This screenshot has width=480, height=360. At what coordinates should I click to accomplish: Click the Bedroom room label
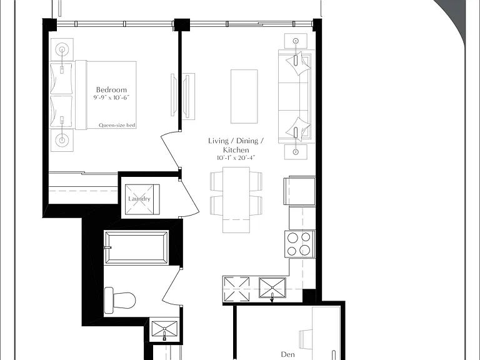111,90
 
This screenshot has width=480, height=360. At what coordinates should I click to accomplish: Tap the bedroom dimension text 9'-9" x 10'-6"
111,97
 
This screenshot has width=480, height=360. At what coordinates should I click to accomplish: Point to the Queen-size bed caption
117,125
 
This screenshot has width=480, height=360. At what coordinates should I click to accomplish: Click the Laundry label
139,199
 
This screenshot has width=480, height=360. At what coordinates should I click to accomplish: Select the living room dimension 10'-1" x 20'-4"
236,158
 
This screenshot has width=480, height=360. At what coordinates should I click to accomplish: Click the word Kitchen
236,150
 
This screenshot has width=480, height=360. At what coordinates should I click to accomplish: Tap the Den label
287,354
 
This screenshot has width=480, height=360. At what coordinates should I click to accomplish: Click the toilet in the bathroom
120,300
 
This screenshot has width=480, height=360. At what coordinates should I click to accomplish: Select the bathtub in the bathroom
136,247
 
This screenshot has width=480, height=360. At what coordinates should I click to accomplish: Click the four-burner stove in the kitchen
300,244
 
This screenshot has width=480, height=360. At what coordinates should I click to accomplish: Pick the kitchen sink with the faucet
272,287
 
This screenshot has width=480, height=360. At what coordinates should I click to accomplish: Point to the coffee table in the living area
244,96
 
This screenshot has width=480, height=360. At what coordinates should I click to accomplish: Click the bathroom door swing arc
169,286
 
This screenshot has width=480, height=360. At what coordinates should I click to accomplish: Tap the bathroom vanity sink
165,331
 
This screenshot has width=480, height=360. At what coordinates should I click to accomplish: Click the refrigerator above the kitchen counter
300,191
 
